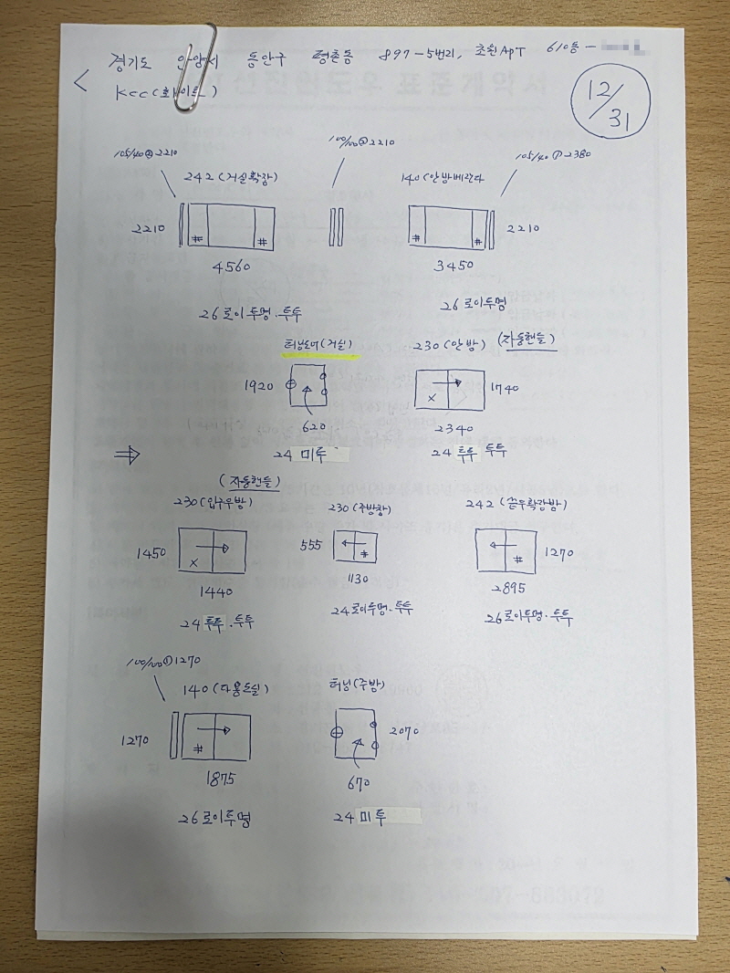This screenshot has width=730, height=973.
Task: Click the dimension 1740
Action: [504, 388]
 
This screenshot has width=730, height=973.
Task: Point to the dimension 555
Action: [312, 545]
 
